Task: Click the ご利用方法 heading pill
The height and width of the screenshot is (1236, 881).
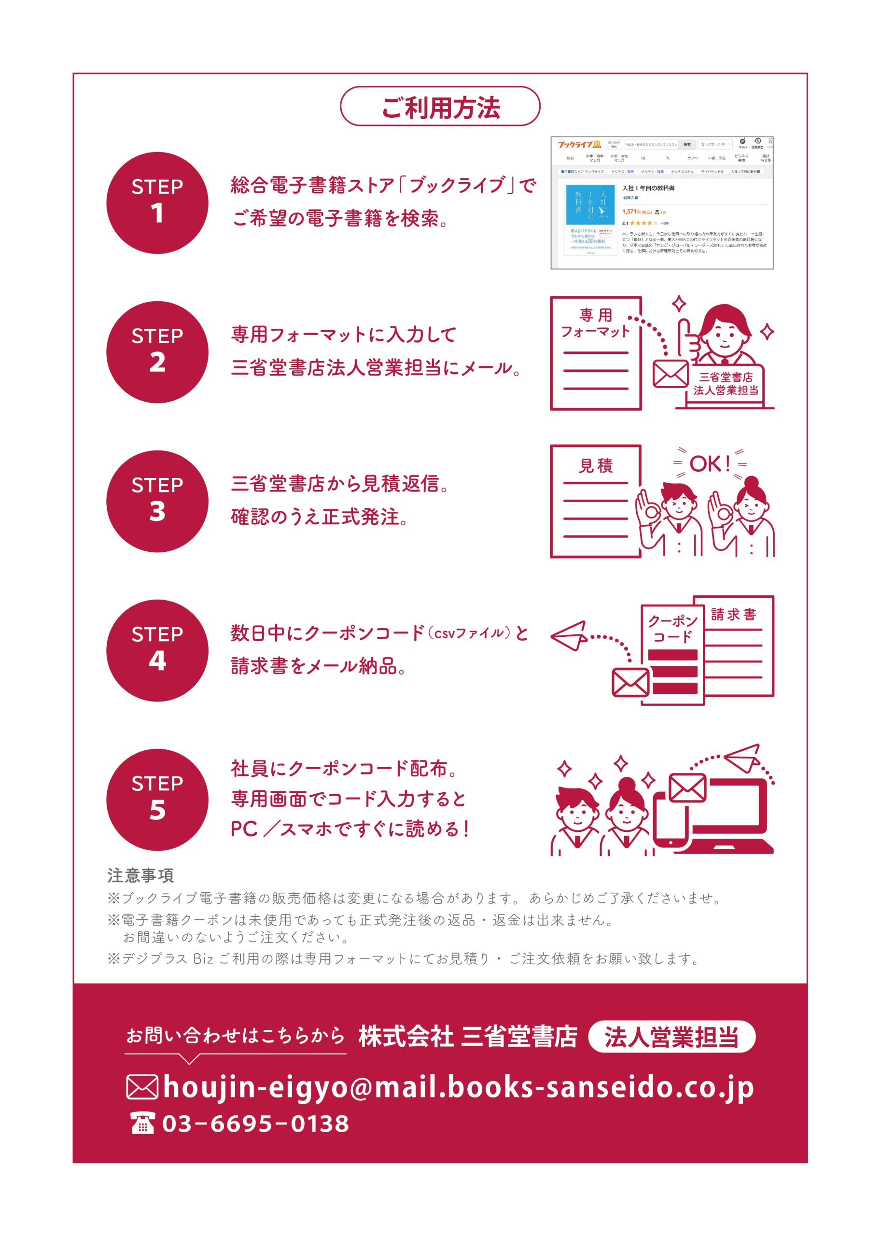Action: (x=440, y=106)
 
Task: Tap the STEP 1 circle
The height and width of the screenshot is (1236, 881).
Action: (x=157, y=203)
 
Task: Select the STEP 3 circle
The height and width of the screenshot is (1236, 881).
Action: (x=157, y=501)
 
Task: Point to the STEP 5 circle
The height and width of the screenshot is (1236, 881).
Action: (x=157, y=800)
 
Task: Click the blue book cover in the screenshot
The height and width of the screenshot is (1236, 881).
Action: (x=590, y=205)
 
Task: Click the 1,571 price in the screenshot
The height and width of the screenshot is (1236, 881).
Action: (x=629, y=211)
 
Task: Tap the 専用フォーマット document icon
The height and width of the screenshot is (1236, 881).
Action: (x=596, y=353)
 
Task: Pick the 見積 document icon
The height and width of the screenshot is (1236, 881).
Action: (x=596, y=501)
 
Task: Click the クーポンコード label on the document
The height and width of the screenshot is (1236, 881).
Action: (x=672, y=628)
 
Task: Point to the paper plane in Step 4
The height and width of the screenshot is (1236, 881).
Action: (x=569, y=635)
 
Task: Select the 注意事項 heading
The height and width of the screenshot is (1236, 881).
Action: (x=140, y=875)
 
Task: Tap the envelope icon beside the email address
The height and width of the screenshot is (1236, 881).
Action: (x=142, y=1087)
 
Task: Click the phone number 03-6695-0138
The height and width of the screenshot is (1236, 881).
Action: (x=255, y=1124)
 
